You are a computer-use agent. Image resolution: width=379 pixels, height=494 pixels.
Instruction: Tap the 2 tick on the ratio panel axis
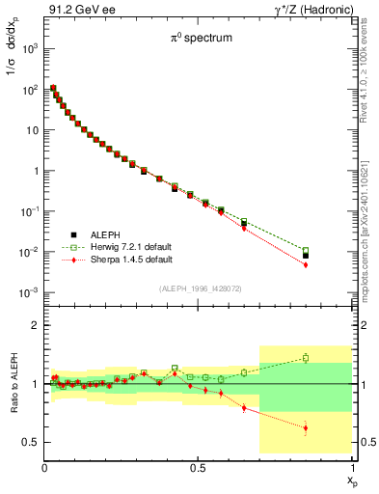coord(35,325)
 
